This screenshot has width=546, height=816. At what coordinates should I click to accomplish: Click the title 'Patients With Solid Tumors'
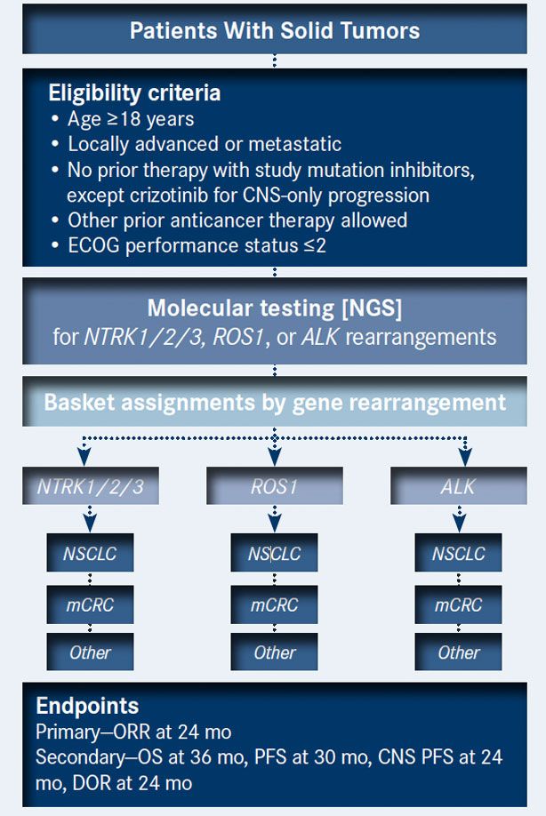click(x=274, y=31)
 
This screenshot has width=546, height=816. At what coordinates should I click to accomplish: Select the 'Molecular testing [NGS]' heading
click(x=274, y=309)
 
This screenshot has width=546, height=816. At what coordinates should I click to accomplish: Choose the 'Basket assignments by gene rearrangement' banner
click(x=274, y=401)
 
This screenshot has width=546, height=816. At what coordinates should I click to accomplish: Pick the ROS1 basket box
click(x=274, y=487)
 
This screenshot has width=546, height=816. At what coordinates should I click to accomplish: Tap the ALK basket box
click(x=458, y=487)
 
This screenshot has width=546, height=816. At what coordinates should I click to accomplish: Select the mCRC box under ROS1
click(x=274, y=604)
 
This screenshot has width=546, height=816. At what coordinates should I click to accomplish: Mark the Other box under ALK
click(x=458, y=652)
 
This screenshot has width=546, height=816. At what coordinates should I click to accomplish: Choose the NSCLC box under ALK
click(x=458, y=554)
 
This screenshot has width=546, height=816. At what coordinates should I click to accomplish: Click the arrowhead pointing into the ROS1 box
click(x=274, y=456)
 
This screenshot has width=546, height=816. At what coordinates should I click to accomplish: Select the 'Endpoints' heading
click(x=87, y=707)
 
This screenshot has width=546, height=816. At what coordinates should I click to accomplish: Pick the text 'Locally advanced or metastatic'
click(x=205, y=144)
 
